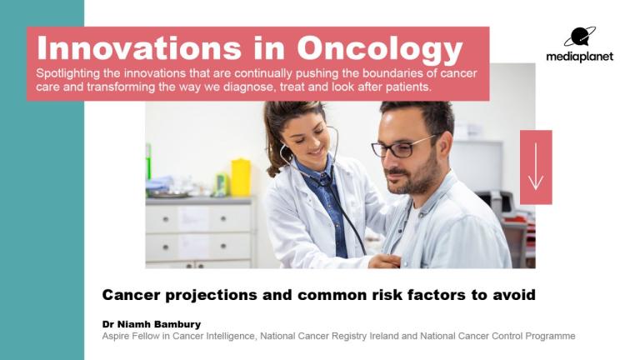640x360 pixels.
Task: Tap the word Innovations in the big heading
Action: click(140, 48)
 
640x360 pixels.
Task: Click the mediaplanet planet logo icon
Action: click(580, 37)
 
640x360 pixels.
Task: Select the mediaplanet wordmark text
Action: click(580, 57)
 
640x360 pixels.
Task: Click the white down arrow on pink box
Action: click(536, 167)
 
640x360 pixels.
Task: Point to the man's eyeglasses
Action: click(402, 147)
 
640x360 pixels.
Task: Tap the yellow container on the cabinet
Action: click(241, 178)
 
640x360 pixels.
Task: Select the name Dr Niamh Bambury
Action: click(152, 324)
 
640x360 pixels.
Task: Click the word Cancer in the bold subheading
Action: click(131, 295)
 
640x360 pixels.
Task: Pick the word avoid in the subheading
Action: click(514, 295)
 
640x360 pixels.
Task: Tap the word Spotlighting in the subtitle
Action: click(67, 74)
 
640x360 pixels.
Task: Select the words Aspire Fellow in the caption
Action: click(132, 336)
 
